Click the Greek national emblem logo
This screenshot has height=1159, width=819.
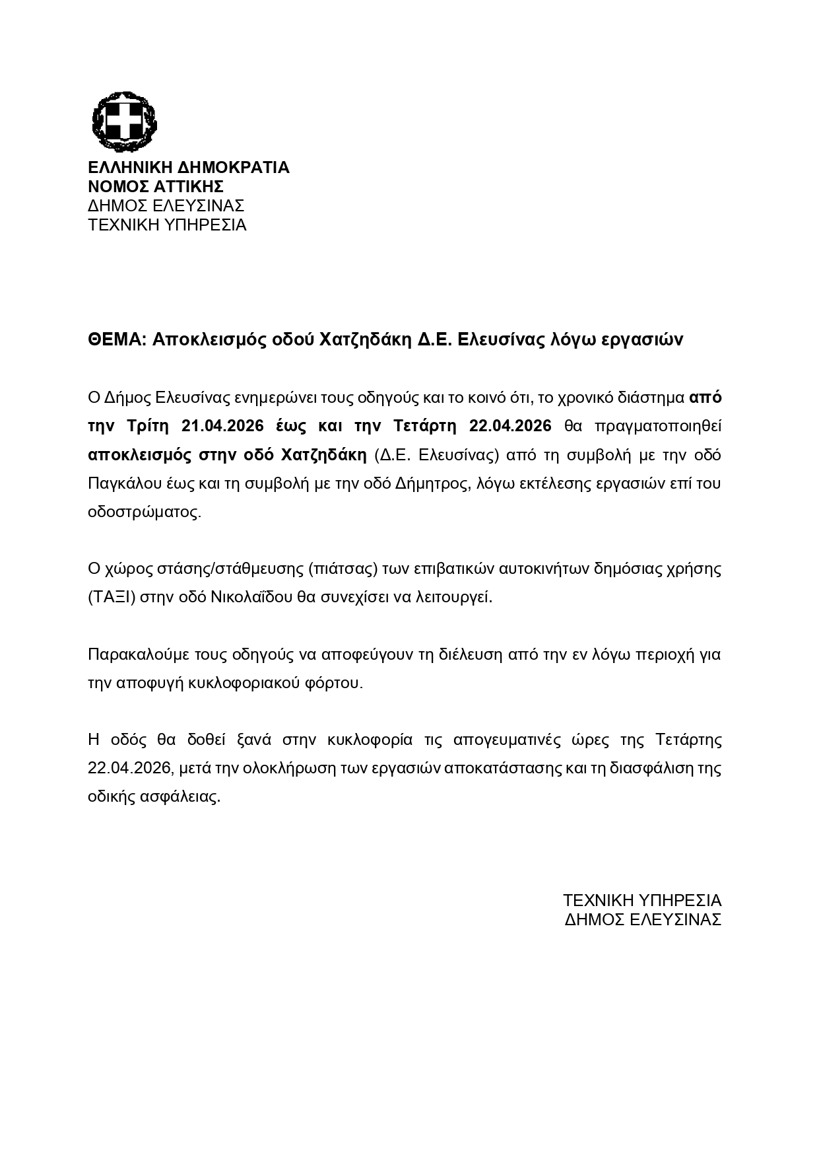click(123, 122)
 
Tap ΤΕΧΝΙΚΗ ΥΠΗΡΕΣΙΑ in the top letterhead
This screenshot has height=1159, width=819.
click(167, 225)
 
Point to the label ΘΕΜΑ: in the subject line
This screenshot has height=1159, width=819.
click(117, 339)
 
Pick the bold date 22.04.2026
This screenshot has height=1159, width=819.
click(509, 426)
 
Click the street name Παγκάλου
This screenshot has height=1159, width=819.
click(120, 483)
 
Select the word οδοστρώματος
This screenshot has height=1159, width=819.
click(144, 512)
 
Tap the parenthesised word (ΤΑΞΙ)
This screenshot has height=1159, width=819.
click(112, 598)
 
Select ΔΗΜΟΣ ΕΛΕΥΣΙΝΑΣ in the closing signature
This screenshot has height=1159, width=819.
click(643, 919)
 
